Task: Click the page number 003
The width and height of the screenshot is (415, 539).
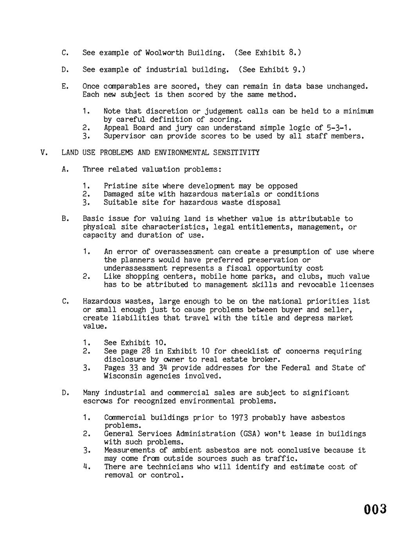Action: pyautogui.click(x=375, y=509)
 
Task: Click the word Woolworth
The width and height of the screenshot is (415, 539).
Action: pyautogui.click(x=164, y=53)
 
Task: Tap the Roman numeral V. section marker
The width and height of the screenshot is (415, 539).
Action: pyautogui.click(x=44, y=152)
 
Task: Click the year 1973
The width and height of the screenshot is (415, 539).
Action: pyautogui.click(x=239, y=418)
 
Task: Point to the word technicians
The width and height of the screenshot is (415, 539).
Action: pyautogui.click(x=169, y=467)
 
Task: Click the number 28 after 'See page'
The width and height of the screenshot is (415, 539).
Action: pyautogui.click(x=146, y=351)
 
